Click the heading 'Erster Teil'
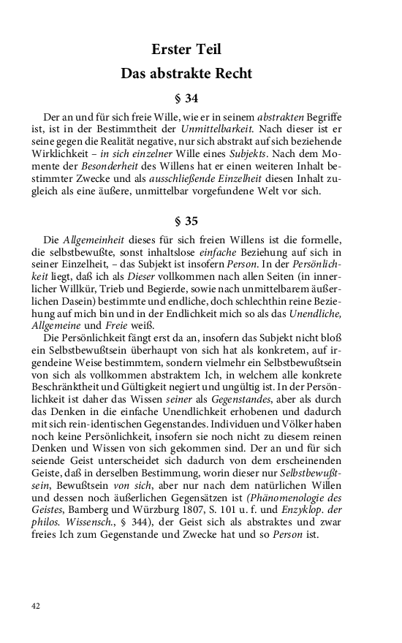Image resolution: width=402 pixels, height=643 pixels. pyautogui.click(x=186, y=50)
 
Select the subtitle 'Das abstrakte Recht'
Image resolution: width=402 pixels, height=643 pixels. pyautogui.click(x=186, y=73)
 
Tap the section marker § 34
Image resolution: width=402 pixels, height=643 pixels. pyautogui.click(x=186, y=98)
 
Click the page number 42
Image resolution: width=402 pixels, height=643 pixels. pyautogui.click(x=37, y=606)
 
